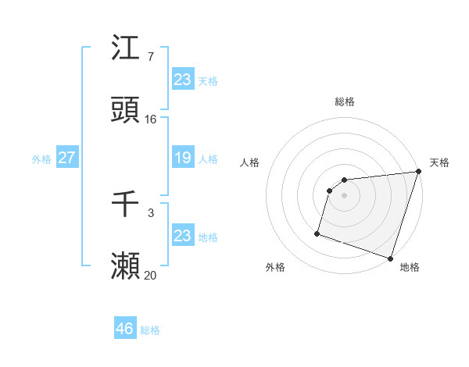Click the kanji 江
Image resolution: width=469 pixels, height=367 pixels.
(126, 49)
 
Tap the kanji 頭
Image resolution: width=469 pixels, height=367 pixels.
(126, 112)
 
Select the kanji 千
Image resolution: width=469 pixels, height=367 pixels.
(126, 205)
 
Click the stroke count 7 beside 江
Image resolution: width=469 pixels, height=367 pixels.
(150, 56)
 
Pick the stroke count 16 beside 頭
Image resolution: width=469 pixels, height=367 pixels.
(151, 119)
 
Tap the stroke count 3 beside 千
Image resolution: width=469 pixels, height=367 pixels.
(150, 212)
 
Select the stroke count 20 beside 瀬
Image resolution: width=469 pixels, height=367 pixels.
(151, 274)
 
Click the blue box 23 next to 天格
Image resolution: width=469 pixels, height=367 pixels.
(183, 80)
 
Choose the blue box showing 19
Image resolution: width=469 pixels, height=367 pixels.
(183, 158)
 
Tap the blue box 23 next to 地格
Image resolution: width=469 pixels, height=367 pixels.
(183, 236)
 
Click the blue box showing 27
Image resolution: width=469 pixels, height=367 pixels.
(66, 158)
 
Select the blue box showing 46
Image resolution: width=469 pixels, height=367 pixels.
(125, 329)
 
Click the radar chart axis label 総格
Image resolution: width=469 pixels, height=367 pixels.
(345, 102)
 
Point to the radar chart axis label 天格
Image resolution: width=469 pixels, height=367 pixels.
(439, 162)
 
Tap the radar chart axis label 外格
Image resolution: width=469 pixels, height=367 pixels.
(275, 267)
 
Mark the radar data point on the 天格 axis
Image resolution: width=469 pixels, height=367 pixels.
(418, 172)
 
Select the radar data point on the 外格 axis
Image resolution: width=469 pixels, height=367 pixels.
(317, 233)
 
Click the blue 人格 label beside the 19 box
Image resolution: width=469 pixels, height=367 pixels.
(208, 159)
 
